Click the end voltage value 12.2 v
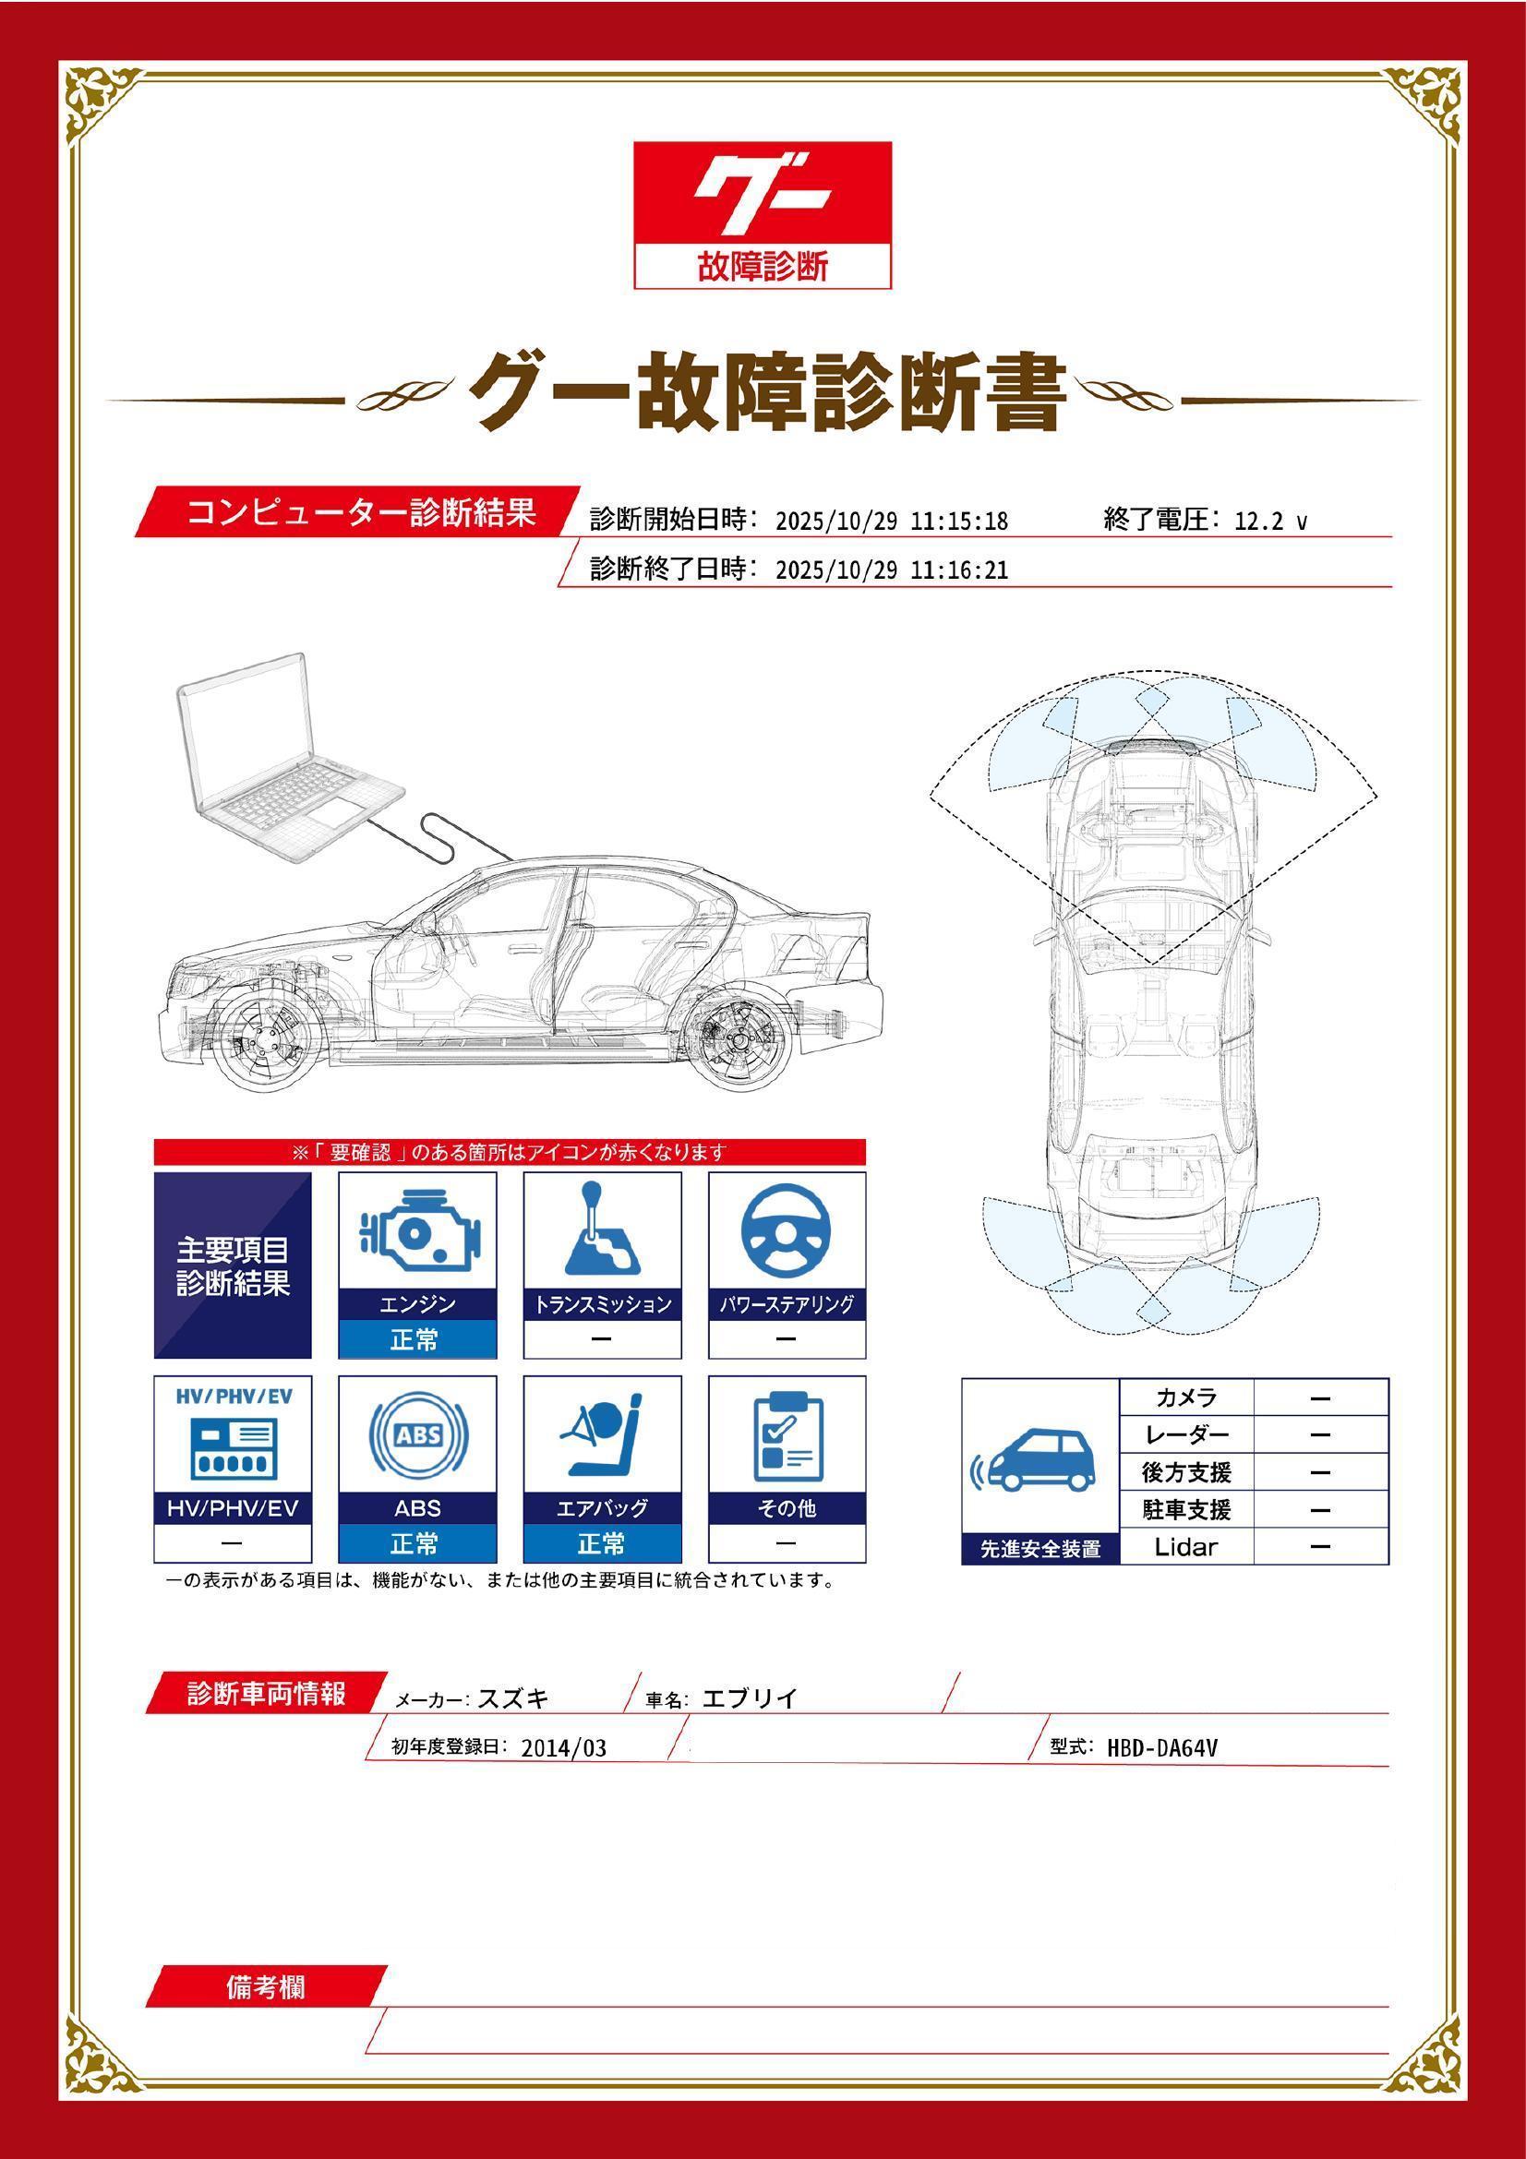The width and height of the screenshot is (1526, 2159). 1270,522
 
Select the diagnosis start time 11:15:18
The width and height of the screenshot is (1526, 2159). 959,522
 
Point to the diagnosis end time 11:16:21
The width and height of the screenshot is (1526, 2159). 959,570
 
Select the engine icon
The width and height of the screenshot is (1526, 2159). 417,1233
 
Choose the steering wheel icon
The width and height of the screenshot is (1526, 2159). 786,1233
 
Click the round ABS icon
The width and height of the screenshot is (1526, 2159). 417,1436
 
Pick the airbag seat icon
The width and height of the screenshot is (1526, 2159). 602,1436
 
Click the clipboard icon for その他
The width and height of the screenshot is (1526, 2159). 787,1436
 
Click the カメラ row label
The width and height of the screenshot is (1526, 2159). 1185,1397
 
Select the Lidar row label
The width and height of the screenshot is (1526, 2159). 1185,1546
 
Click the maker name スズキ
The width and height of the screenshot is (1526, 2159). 513,1698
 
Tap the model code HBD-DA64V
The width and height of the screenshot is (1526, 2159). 1162,1748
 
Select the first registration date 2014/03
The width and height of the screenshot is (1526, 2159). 563,1748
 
